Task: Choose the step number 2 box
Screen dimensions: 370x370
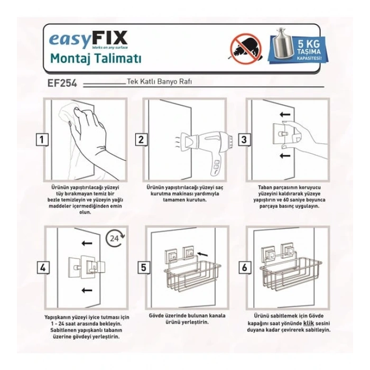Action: tap(141, 140)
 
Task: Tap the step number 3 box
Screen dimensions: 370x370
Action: tap(244, 140)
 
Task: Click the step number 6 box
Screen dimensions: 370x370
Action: tap(244, 267)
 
